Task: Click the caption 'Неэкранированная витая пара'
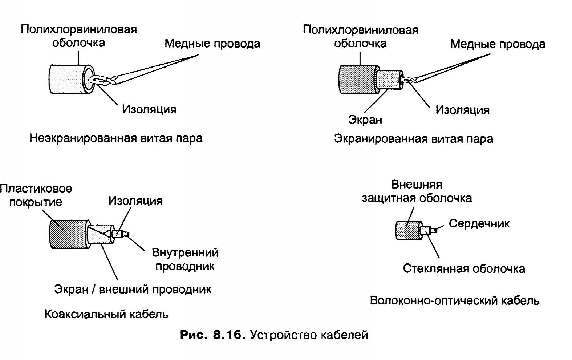coord(116,138)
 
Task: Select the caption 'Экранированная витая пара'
coord(413,139)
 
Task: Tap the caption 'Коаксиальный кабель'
coord(106,314)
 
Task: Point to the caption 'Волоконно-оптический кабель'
coord(454,301)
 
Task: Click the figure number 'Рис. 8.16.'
coord(211,335)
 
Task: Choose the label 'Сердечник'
coord(479,223)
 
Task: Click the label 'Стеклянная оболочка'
coord(464,269)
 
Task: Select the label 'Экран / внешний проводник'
coord(133,290)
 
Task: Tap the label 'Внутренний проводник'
coord(185,259)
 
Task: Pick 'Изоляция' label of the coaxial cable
coord(135,201)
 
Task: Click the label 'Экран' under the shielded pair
coord(365,120)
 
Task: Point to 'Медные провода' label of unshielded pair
coord(212,44)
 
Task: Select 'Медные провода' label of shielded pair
coord(498,44)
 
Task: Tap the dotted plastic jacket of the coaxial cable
coord(67,234)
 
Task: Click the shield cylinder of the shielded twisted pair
coord(389,80)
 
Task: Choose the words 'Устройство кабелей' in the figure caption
coord(309,335)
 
